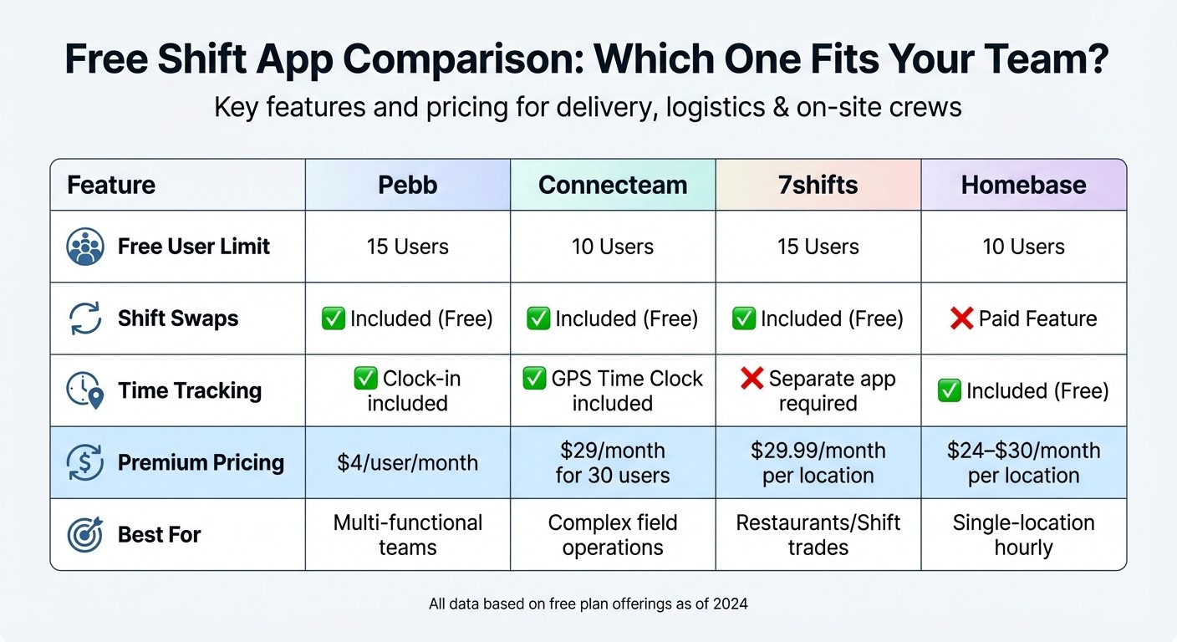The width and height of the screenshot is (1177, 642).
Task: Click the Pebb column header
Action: pyautogui.click(x=408, y=185)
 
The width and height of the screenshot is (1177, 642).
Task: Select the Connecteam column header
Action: pyautogui.click(x=613, y=185)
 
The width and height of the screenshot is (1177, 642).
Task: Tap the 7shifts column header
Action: pyautogui.click(x=818, y=185)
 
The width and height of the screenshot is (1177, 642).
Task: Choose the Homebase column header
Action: pyautogui.click(x=1023, y=185)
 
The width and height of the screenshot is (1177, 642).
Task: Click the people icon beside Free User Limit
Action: pyautogui.click(x=84, y=247)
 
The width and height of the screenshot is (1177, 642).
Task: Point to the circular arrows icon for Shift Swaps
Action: pyautogui.click(x=84, y=318)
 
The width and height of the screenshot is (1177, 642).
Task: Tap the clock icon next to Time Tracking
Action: pyautogui.click(x=84, y=390)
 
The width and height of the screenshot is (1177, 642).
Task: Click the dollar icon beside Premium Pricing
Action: pyautogui.click(x=84, y=462)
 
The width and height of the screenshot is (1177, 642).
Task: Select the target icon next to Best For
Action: pyautogui.click(x=84, y=534)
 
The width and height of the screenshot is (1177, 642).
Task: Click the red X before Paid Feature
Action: pyautogui.click(x=961, y=318)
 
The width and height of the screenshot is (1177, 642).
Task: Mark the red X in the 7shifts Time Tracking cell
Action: pyautogui.click(x=752, y=379)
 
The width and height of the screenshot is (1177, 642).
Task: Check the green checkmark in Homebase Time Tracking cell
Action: pyautogui.click(x=949, y=390)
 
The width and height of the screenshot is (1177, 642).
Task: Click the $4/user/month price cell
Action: pyautogui.click(x=408, y=462)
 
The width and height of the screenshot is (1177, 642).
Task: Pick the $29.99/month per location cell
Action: pyautogui.click(x=818, y=462)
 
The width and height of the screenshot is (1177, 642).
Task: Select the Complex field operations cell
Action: pyautogui.click(x=613, y=535)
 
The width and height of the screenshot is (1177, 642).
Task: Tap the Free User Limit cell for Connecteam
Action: pyautogui.click(x=613, y=247)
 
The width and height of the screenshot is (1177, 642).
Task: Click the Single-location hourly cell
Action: pyautogui.click(x=1023, y=535)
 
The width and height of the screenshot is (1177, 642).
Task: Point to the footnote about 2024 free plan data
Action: pyautogui.click(x=588, y=603)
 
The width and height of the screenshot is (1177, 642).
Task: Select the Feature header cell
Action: pyautogui.click(x=111, y=185)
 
